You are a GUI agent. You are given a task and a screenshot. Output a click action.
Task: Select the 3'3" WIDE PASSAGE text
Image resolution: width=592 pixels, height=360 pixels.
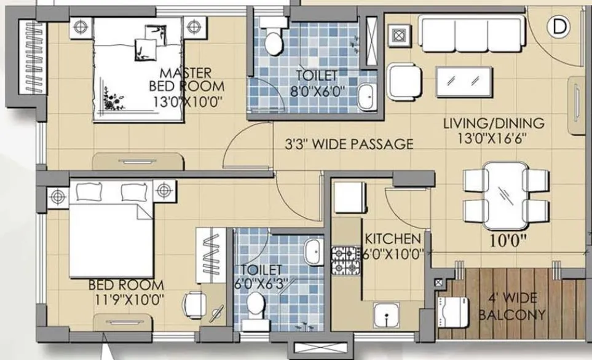click(349, 145)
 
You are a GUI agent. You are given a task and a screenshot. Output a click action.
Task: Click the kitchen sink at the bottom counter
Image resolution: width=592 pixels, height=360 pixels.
click(387, 316)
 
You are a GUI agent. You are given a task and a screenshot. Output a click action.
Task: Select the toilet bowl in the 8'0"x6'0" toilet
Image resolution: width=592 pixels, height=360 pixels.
click(271, 38)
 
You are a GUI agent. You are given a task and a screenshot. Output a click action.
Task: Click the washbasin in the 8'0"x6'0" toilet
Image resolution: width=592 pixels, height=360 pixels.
click(366, 96)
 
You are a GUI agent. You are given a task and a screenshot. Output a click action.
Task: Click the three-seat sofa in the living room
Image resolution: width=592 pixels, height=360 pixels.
click(472, 34)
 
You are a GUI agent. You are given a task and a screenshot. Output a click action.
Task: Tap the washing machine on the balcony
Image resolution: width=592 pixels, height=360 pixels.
click(451, 312)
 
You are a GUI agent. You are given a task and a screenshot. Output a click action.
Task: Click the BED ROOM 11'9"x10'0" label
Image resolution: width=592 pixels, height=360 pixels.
click(126, 292)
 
